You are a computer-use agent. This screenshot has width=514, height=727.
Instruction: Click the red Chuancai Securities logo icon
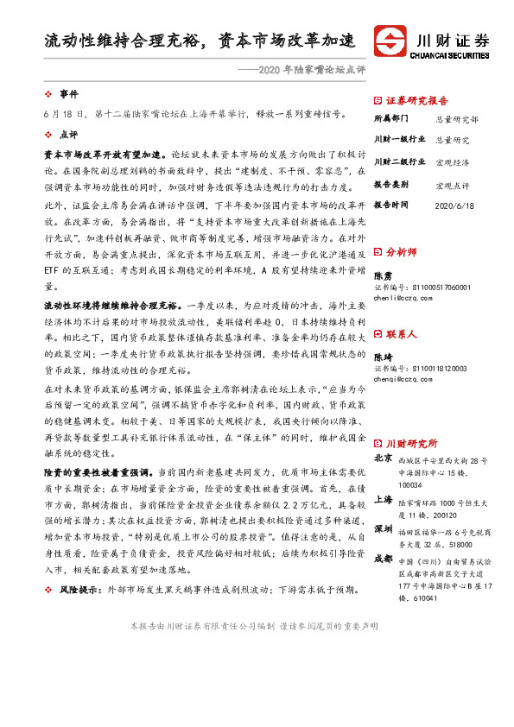click(390, 42)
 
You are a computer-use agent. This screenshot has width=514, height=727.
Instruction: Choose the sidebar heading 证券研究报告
click(416, 100)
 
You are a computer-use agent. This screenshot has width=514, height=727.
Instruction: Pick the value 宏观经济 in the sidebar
click(451, 162)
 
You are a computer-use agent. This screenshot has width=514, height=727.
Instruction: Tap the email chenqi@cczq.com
click(403, 378)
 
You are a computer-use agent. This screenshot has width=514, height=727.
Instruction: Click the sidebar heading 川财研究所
click(411, 441)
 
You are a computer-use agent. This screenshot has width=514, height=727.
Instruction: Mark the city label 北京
click(384, 458)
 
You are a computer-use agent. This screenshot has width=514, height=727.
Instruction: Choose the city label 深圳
click(384, 527)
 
